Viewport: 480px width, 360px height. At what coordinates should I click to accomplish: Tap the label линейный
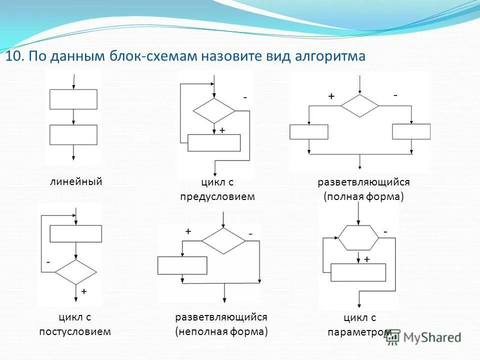pos(75,181)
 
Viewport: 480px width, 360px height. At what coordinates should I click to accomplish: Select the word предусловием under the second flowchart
pos(217,196)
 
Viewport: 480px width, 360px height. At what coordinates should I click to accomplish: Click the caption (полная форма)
pos(363,196)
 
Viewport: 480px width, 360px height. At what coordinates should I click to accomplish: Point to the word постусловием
pos(75,331)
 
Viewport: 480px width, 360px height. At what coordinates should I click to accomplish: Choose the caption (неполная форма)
pos(221,331)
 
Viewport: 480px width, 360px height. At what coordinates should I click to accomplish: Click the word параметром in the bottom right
pos(359,332)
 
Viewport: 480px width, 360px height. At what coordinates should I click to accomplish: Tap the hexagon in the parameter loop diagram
pos(358,237)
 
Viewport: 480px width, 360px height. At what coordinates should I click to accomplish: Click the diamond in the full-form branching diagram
pos(360,105)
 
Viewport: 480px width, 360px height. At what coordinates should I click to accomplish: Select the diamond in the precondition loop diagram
pos(214,110)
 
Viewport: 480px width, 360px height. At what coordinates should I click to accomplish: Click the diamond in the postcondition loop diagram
pos(75,272)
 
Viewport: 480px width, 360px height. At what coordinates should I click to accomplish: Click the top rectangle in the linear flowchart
pos(73,99)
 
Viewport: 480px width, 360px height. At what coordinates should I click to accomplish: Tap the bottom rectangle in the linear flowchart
pos(73,134)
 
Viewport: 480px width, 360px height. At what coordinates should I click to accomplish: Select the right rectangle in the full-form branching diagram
pos(411,131)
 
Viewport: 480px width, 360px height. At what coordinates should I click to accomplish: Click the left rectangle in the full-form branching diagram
pos(308,131)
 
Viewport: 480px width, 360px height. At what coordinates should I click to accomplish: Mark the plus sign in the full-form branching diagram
pos(331,96)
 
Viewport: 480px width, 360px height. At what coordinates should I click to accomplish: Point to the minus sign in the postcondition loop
pos(48,261)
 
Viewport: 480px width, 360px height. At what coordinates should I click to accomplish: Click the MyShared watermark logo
pos(423,337)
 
